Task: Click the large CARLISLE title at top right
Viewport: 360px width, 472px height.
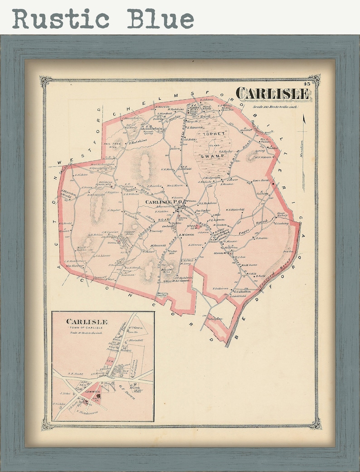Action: coord(273,94)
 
